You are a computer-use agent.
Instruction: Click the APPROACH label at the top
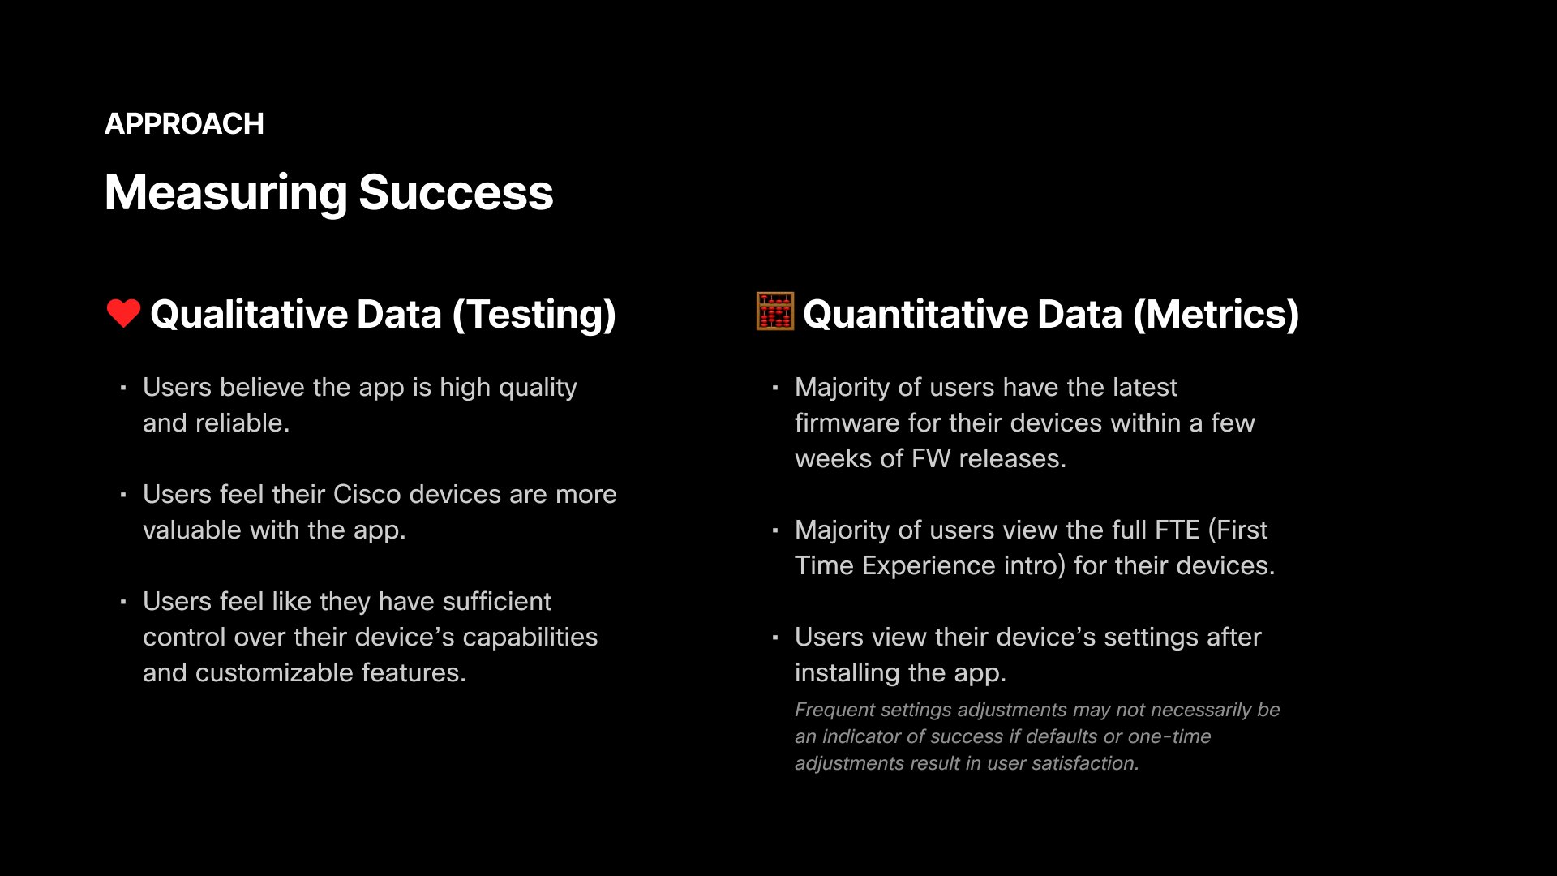pyautogui.click(x=184, y=124)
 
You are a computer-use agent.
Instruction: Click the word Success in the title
pyautogui.click(x=456, y=193)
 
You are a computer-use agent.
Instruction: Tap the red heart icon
pyautogui.click(x=123, y=313)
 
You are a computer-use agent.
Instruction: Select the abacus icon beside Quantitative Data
pyautogui.click(x=774, y=311)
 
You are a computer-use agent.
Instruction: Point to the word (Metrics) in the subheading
pyautogui.click(x=1216, y=315)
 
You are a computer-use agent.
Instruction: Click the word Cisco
pyautogui.click(x=367, y=494)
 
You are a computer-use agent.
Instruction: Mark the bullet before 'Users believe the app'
pyautogui.click(x=123, y=388)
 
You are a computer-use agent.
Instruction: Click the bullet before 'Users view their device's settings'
pyautogui.click(x=775, y=638)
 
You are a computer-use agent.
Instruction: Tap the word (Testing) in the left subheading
pyautogui.click(x=534, y=315)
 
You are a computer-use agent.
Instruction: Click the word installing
pyautogui.click(x=847, y=672)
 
